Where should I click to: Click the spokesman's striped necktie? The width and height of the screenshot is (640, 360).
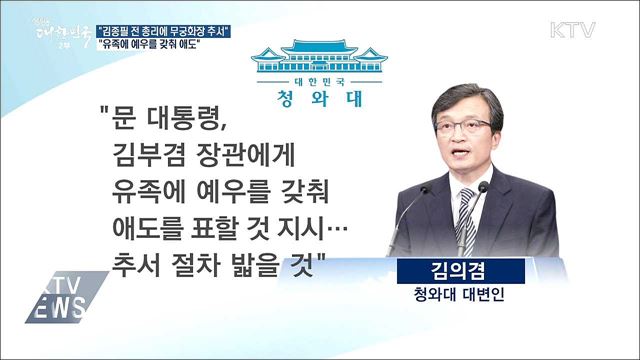coord(467,215)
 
